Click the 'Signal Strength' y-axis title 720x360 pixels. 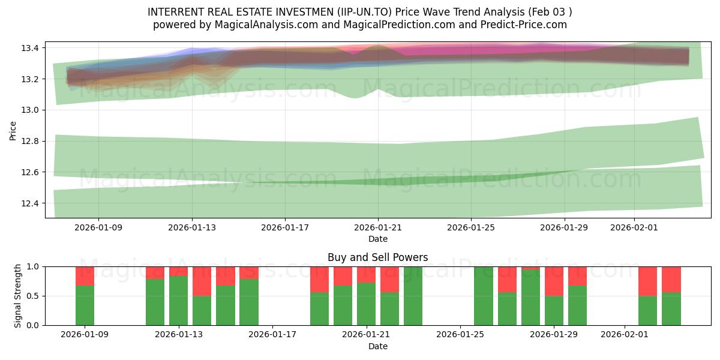tap(18, 296)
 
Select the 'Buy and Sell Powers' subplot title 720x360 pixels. tap(377, 257)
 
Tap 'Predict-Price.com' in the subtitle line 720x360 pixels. tap(520, 25)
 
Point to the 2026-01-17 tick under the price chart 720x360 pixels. tap(285, 228)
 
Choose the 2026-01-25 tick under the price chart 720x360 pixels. tap(470, 228)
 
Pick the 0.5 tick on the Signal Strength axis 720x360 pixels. tap(33, 296)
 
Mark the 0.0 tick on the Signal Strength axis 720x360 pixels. tap(33, 325)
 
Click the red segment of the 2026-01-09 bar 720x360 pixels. tap(85, 276)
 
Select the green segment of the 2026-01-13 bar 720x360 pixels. tap(178, 301)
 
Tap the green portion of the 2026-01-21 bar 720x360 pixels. tap(366, 304)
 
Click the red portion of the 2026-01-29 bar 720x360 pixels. tap(554, 281)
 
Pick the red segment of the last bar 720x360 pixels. tap(671, 279)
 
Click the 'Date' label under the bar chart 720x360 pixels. tap(377, 346)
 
